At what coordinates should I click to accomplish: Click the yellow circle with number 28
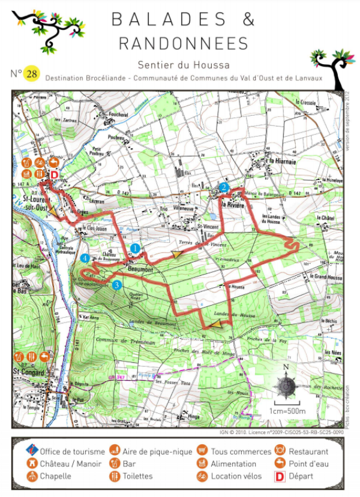point(31,74)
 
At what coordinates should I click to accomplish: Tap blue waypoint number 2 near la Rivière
point(224,188)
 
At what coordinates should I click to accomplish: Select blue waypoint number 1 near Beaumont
point(136,248)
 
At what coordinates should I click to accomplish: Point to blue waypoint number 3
point(117,285)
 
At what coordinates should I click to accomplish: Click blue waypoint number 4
point(86,258)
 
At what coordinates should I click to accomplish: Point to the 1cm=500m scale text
point(287,411)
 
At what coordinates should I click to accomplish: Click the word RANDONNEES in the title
point(183,44)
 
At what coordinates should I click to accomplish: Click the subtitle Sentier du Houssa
point(183,65)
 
